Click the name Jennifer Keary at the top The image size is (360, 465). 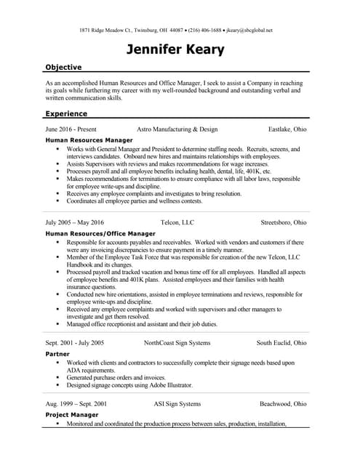[x=175, y=49]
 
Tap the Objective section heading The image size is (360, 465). [x=63, y=67]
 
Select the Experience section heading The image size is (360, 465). [x=66, y=113]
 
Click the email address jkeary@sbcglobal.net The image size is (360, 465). [x=249, y=31]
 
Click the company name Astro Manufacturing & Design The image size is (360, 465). [x=177, y=129]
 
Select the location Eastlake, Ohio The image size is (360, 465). [x=287, y=129]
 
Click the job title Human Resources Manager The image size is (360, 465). [x=89, y=139]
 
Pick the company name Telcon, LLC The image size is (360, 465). [x=177, y=222]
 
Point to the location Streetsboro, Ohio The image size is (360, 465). [x=284, y=222]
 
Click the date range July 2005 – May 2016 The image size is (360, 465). [x=75, y=222]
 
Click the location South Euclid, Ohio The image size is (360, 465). [x=281, y=342]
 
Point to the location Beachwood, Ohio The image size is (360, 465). [x=283, y=403]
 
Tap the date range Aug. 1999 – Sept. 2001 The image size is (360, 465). [x=76, y=403]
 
